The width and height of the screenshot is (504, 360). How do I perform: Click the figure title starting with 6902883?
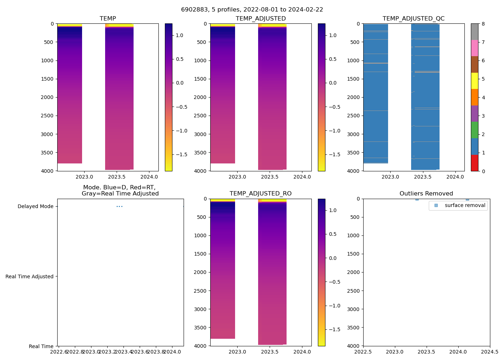252,10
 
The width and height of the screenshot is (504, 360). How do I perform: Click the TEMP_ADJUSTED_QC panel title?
413,19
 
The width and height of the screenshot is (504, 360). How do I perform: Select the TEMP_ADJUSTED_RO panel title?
260,194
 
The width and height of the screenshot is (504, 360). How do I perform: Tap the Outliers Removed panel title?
426,194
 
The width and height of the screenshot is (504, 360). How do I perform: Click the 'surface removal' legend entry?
465,206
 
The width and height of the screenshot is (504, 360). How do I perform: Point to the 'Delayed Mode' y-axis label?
35,206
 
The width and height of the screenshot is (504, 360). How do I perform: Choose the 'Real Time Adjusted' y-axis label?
29,276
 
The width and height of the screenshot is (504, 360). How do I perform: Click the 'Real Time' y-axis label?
41,346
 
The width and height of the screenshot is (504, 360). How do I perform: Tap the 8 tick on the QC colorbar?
483,24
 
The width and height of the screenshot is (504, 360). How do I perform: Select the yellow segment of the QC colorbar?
474,81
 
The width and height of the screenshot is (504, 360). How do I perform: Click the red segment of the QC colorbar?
474,163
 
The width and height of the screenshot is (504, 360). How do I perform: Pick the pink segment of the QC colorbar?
474,48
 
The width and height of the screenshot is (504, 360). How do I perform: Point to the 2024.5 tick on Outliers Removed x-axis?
490,352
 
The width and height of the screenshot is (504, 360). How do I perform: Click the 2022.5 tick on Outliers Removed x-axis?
363,352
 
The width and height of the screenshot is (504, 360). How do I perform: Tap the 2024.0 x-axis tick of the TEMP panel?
149,177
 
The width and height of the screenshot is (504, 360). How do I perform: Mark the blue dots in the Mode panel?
120,206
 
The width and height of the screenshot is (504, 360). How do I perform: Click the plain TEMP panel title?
108,19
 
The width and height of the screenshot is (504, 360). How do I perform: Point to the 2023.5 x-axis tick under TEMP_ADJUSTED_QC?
423,177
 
